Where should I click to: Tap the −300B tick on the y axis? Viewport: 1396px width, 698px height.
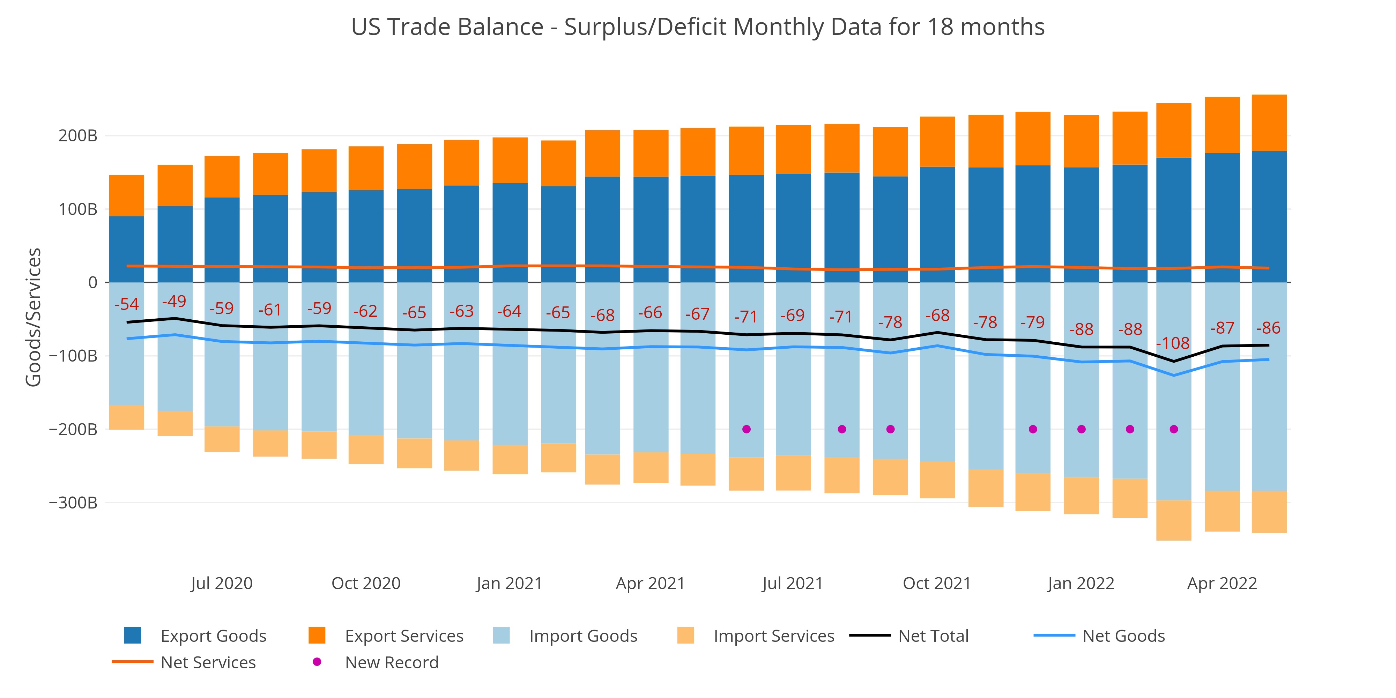click(73, 503)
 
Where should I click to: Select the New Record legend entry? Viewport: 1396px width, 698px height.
click(378, 662)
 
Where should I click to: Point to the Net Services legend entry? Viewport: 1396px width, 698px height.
click(184, 662)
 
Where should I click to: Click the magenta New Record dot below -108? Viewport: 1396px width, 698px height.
click(1174, 429)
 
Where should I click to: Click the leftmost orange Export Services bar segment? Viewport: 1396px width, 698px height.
click(126, 196)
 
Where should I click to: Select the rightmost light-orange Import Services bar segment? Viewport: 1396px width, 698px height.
click(1269, 512)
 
